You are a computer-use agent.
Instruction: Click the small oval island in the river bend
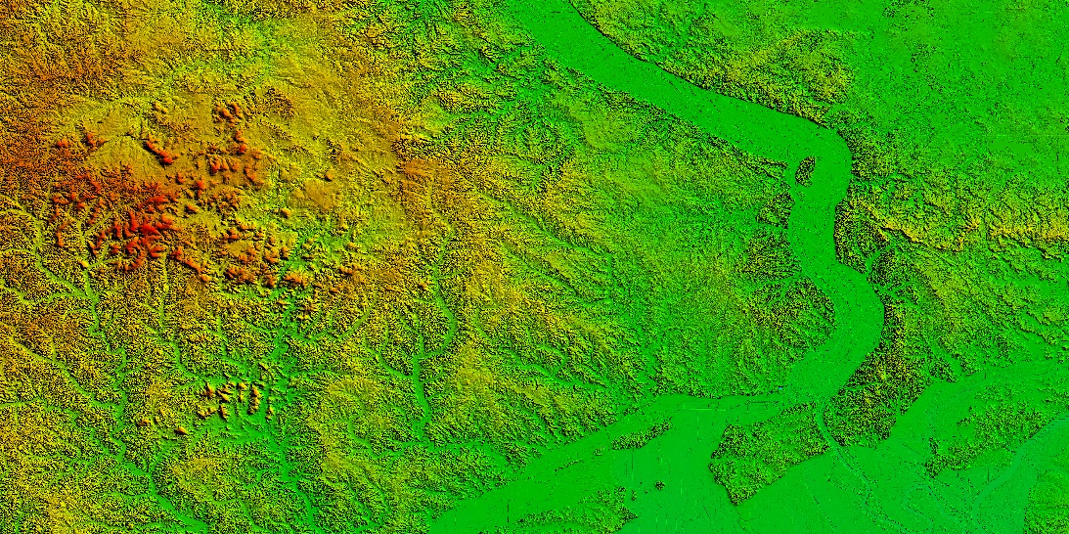click(x=806, y=171)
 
